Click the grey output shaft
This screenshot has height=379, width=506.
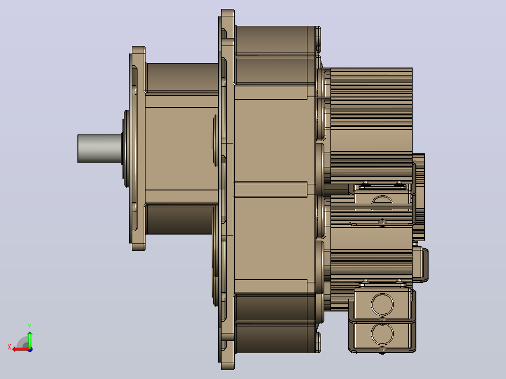tap(100, 148)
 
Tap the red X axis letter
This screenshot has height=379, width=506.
tap(9, 347)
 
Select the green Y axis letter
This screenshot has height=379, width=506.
tap(30, 326)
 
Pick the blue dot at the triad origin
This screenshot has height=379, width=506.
tap(30, 349)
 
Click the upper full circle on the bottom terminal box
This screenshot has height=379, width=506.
tap(383, 304)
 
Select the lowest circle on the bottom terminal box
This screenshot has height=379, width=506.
tap(383, 334)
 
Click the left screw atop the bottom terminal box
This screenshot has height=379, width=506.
tap(365, 282)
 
